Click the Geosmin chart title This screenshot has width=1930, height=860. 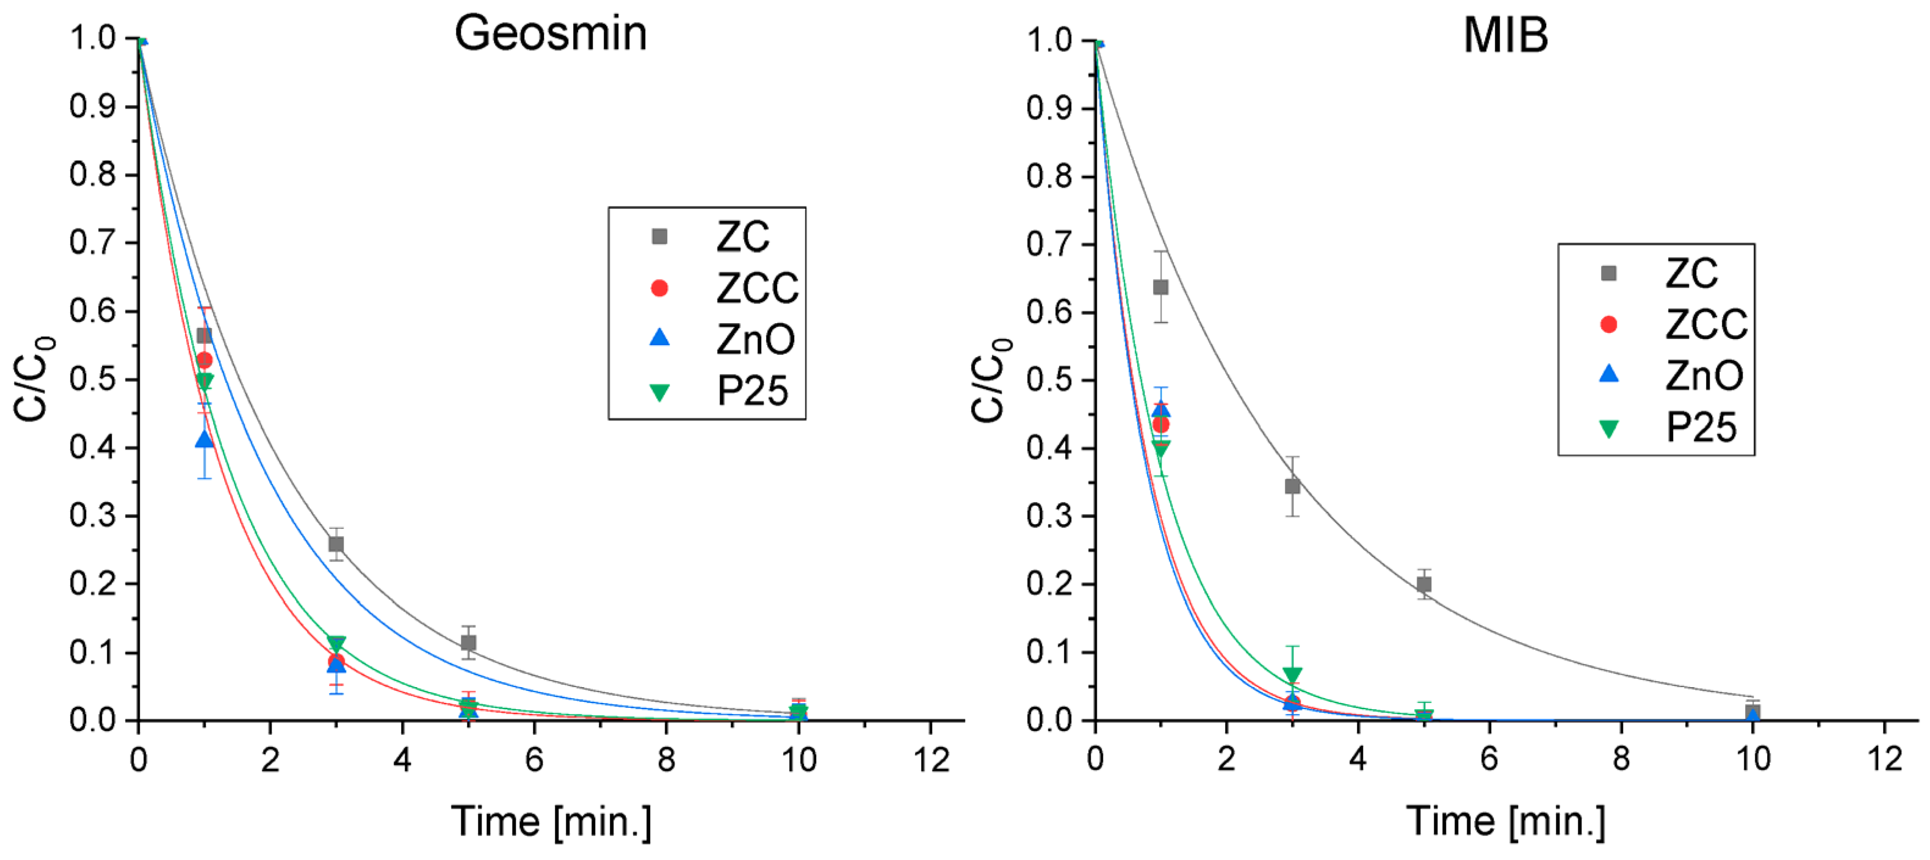551,34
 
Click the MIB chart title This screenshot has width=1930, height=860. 1505,35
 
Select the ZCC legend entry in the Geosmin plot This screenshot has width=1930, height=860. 757,288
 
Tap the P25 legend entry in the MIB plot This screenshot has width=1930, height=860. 1700,428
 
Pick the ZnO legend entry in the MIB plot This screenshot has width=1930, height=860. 1703,376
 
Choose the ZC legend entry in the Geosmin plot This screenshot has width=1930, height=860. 742,237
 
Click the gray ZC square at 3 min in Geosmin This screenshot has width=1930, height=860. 336,544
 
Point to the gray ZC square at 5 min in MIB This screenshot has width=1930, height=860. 1423,584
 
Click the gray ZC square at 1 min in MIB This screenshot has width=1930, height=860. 1160,287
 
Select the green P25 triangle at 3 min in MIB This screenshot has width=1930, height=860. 1292,675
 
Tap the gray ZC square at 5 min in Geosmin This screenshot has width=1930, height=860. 468,643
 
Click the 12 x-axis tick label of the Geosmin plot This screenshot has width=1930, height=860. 931,760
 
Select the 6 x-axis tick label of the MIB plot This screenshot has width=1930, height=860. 1489,760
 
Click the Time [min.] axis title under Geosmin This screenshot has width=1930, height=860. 551,822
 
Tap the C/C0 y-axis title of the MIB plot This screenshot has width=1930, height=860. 988,379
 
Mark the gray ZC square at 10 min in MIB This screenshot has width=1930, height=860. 1752,711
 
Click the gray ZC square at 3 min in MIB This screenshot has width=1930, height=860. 1292,486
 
